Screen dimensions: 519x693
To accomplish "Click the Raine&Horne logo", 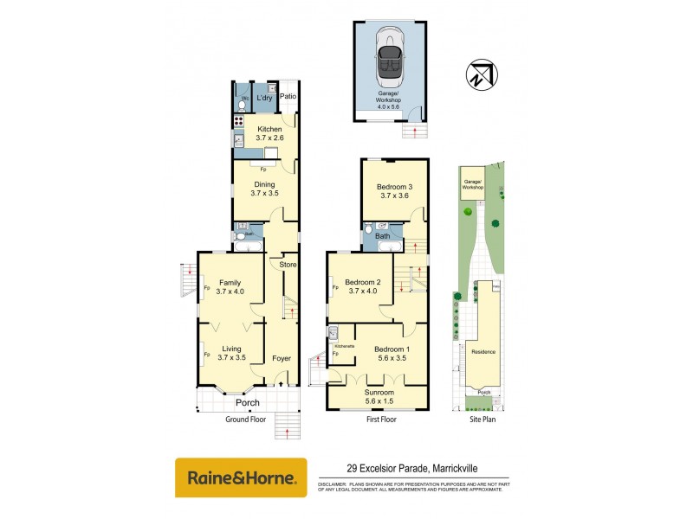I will click(241, 477).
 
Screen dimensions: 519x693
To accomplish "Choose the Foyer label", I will click(282, 357).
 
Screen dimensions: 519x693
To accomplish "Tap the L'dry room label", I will click(263, 98).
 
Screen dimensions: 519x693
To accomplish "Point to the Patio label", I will click(288, 96).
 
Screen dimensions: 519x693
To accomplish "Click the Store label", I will click(288, 264).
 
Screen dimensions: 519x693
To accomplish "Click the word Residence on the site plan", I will click(483, 351).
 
